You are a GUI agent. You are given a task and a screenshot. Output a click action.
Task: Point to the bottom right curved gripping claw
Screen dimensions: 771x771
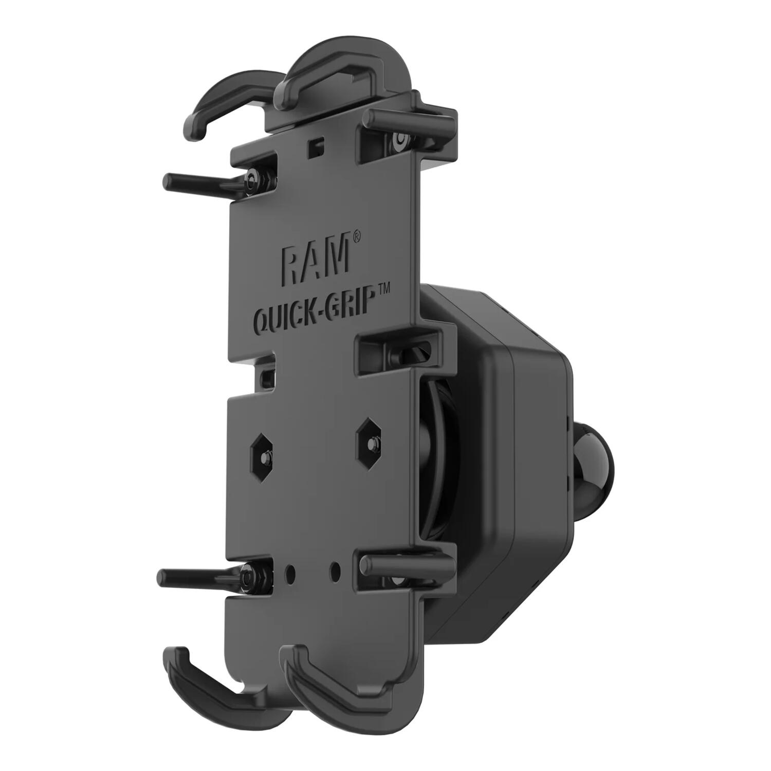[334, 689]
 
